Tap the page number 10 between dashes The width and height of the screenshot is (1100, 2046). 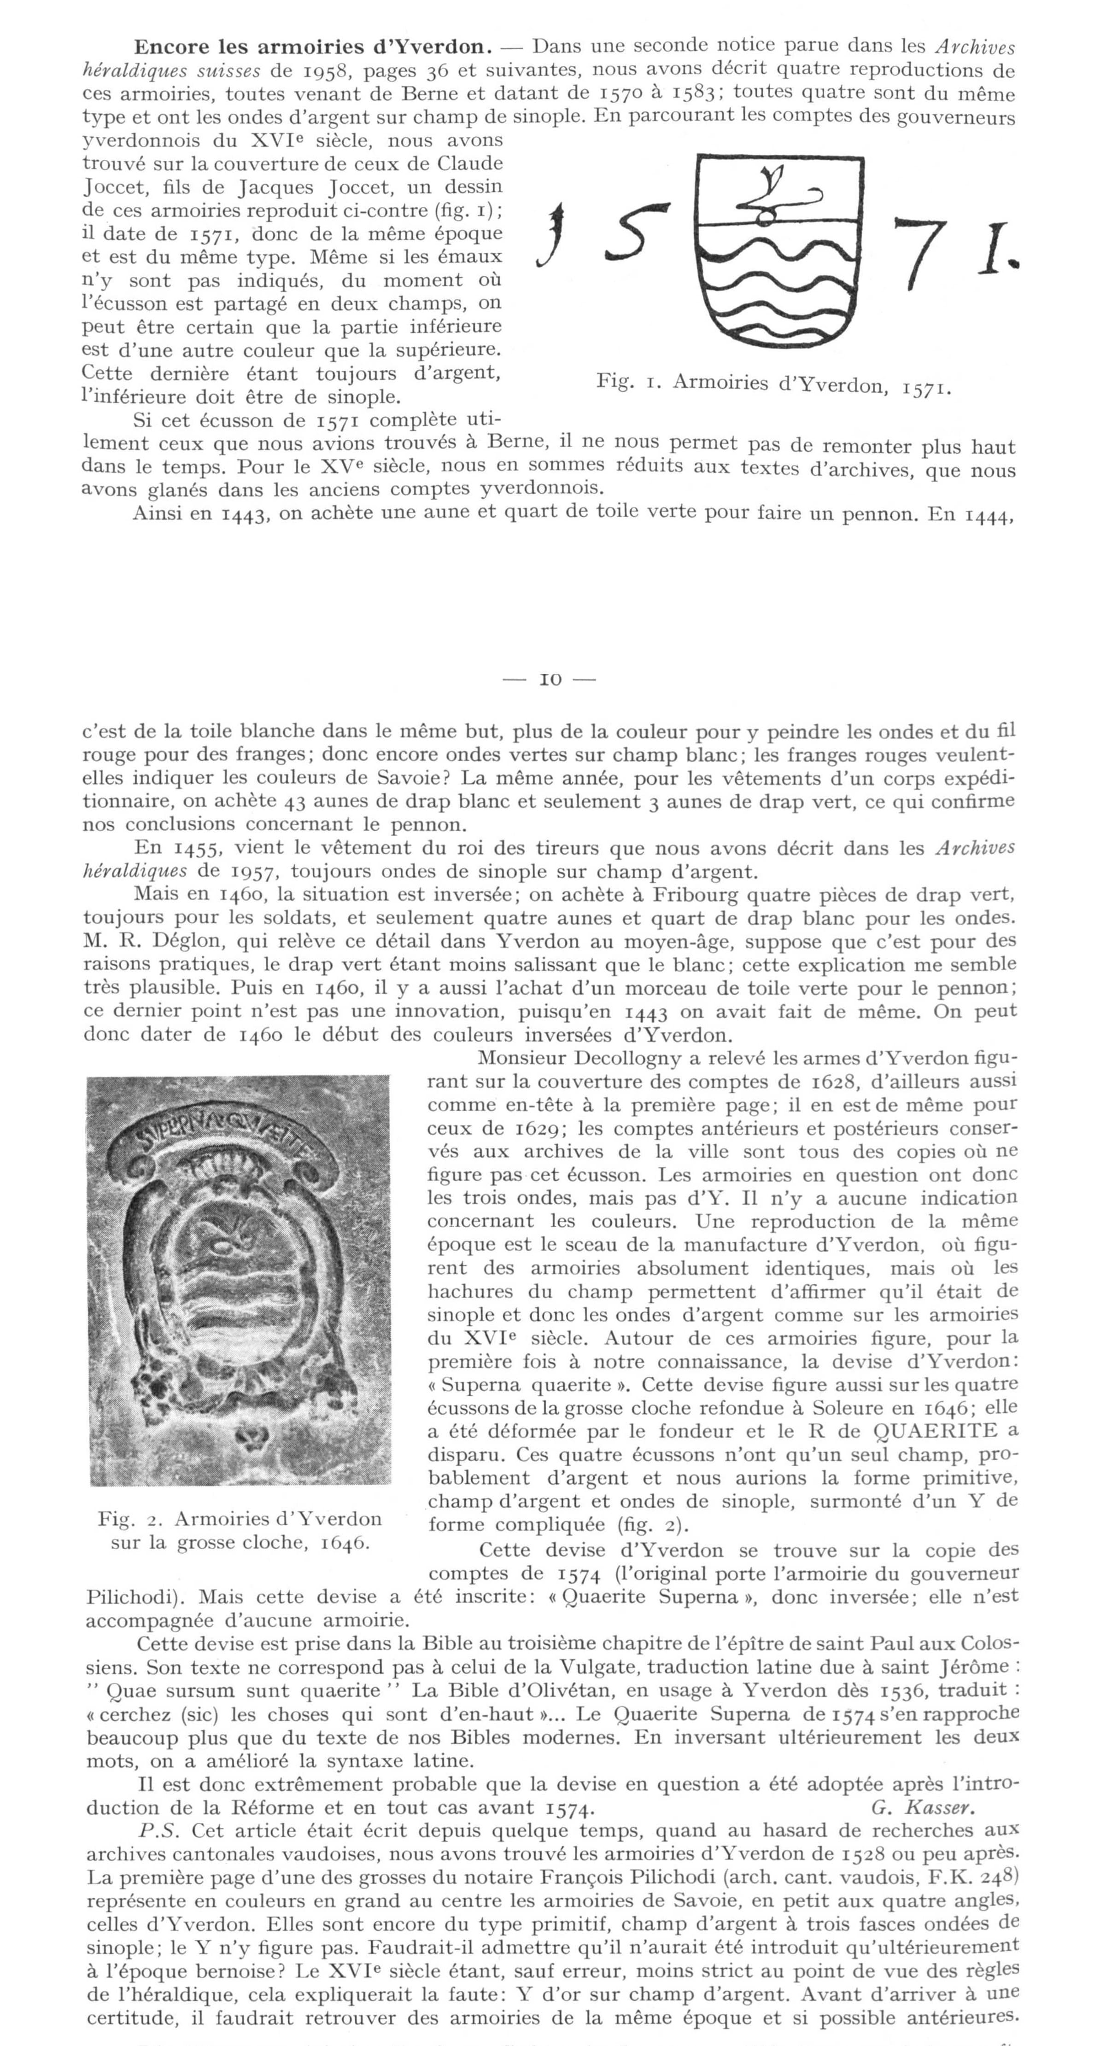point(550,680)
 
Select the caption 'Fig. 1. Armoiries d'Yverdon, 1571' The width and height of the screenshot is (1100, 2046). point(773,385)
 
